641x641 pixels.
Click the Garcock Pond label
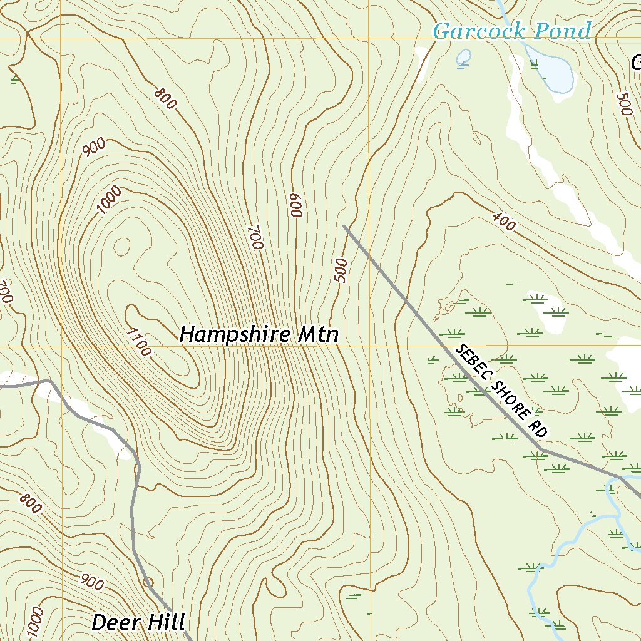(512, 31)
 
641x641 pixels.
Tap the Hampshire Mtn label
(259, 334)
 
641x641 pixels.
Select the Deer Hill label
(138, 622)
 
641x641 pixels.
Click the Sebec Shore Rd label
(502, 391)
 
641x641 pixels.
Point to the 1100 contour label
(138, 342)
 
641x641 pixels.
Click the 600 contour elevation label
(295, 205)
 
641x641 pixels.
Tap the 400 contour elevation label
(504, 221)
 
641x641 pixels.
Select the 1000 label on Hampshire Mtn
(109, 202)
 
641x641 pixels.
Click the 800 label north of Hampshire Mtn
(165, 99)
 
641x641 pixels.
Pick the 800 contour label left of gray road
(30, 503)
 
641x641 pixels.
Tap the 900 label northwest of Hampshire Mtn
(93, 146)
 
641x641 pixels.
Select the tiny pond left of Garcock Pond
(464, 58)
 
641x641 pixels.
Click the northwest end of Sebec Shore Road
(345, 226)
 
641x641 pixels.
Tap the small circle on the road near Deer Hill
(148, 582)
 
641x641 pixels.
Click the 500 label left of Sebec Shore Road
(341, 270)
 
